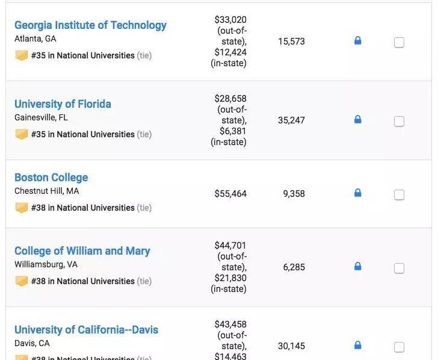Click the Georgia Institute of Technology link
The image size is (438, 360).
point(90,25)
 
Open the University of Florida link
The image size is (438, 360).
point(63,104)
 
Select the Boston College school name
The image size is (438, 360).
point(51,178)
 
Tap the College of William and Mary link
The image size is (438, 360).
point(82,251)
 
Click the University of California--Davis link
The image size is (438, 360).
point(86,330)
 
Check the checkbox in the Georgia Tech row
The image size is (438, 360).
point(399,43)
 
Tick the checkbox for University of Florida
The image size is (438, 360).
point(399,122)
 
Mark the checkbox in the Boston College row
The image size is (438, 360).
point(399,195)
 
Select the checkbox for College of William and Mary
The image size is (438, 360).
point(399,268)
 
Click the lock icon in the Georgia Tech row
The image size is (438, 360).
point(357,41)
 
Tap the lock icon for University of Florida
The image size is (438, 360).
point(357,120)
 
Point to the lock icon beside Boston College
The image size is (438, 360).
point(357,193)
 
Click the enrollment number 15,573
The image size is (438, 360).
point(291,42)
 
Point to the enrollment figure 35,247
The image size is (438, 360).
point(291,120)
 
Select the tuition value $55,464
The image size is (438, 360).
point(230,194)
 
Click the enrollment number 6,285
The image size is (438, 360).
point(294,267)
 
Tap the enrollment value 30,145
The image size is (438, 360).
point(291,346)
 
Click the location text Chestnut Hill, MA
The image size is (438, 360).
point(46,191)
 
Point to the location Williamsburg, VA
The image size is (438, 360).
point(46,265)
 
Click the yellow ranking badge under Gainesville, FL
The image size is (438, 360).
point(22,134)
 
